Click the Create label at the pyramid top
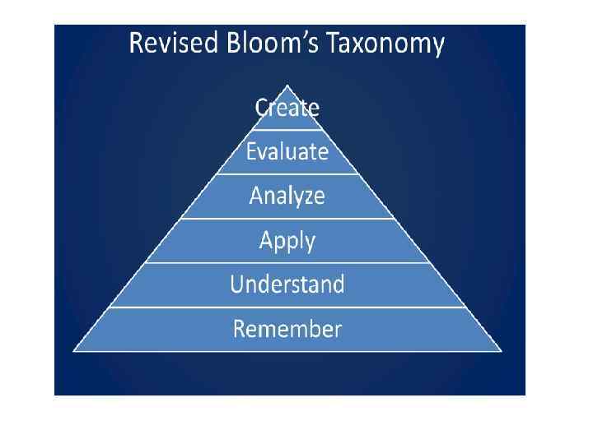[287, 108]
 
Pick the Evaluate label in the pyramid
[287, 152]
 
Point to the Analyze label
[287, 197]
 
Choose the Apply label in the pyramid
[287, 241]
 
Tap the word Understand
[287, 284]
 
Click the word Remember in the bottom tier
[287, 329]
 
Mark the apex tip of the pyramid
[287, 85]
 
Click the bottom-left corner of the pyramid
[74, 351]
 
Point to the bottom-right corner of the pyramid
[501, 351]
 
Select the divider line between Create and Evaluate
[287, 130]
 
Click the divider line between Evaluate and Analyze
[287, 174]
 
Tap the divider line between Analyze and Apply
[287, 219]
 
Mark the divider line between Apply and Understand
[287, 263]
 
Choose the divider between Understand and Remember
[287, 308]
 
